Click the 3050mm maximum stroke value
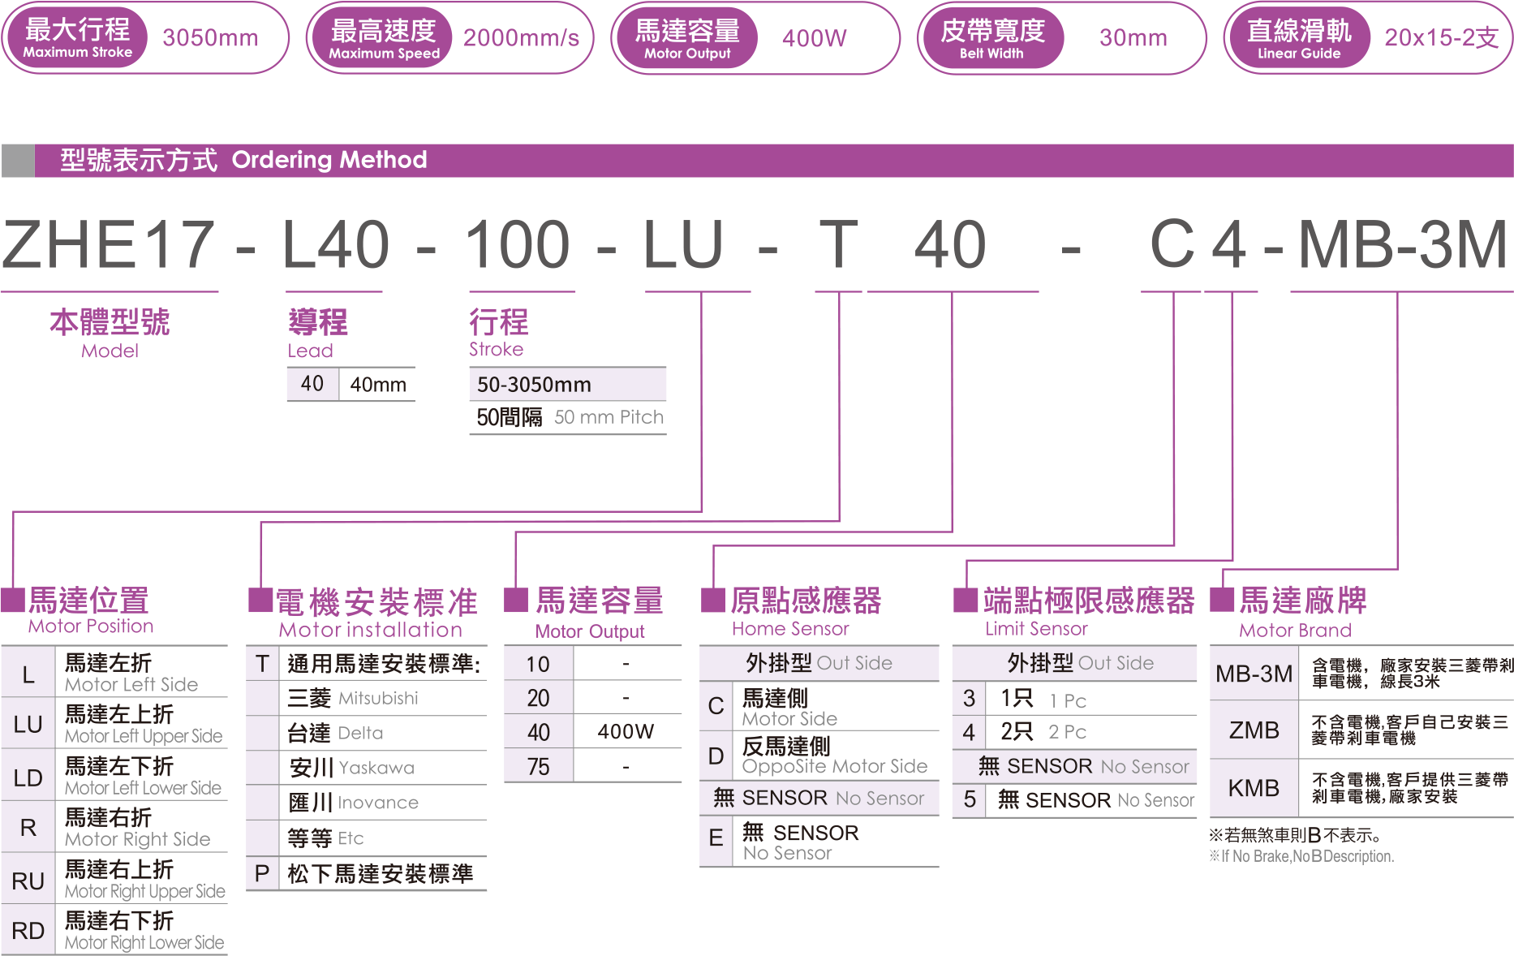[210, 38]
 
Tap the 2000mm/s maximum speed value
[521, 38]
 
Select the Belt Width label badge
[991, 38]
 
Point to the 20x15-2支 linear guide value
[1441, 38]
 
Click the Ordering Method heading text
[329, 160]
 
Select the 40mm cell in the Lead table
[378, 385]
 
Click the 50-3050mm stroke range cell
[534, 385]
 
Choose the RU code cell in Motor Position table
[28, 881]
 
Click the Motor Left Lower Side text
[143, 788]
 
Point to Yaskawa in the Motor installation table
[376, 768]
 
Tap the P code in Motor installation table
[262, 873]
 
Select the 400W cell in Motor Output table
[626, 732]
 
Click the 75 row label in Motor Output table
[538, 767]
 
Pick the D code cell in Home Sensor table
[716, 756]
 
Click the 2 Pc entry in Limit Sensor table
[1067, 732]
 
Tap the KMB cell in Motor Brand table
[1254, 788]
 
